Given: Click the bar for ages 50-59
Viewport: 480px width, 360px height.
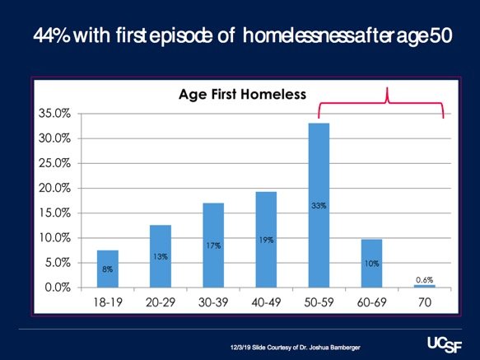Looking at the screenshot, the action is tap(319, 205).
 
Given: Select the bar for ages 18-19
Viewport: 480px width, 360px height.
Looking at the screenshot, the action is tap(108, 269).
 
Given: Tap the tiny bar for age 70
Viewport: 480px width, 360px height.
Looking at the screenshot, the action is tap(425, 286).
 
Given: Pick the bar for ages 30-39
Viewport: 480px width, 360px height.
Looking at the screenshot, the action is tap(213, 245).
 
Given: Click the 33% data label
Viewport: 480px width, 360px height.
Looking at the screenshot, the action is tap(319, 206).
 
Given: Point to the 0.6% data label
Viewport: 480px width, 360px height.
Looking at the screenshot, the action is tap(425, 280).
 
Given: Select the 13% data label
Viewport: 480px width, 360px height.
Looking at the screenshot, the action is tap(161, 256).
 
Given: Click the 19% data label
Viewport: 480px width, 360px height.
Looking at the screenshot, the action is tap(266, 240).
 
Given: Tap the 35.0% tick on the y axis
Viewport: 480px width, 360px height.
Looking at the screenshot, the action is tap(54, 114).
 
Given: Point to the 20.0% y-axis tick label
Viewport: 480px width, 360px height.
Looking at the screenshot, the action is tap(54, 188).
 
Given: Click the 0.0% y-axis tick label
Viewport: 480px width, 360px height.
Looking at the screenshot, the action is tap(58, 288).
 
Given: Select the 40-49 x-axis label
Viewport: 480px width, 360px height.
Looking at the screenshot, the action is tap(266, 302).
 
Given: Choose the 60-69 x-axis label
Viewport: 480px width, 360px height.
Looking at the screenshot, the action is tap(371, 302).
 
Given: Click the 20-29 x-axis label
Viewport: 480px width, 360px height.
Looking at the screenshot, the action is tap(161, 302).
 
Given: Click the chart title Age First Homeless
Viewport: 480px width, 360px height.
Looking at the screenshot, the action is tap(242, 94).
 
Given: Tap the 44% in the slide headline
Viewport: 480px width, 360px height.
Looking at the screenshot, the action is tap(52, 35).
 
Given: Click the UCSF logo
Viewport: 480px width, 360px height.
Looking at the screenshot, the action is tap(445, 344).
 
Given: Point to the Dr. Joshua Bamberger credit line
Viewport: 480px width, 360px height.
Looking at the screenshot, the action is tap(296, 348).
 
